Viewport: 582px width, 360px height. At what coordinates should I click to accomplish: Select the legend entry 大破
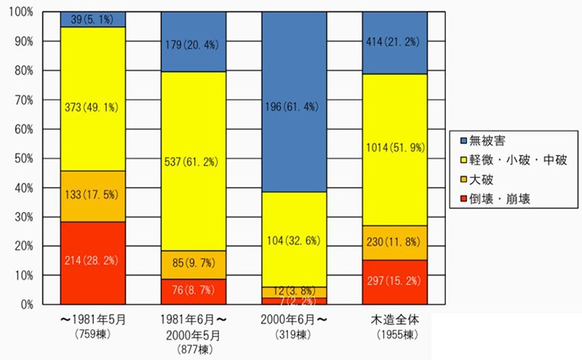pos(483,180)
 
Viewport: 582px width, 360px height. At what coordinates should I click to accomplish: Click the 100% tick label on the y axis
pos(20,12)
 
